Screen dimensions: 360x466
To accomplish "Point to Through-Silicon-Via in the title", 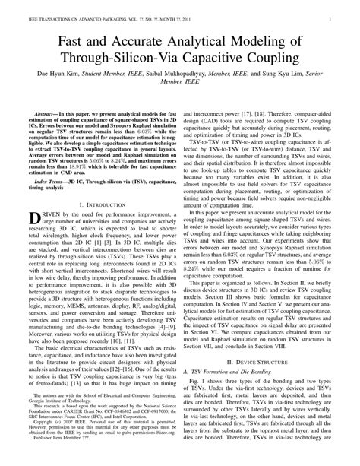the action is (131, 60).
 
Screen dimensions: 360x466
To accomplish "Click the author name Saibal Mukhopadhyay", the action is (187, 78).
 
